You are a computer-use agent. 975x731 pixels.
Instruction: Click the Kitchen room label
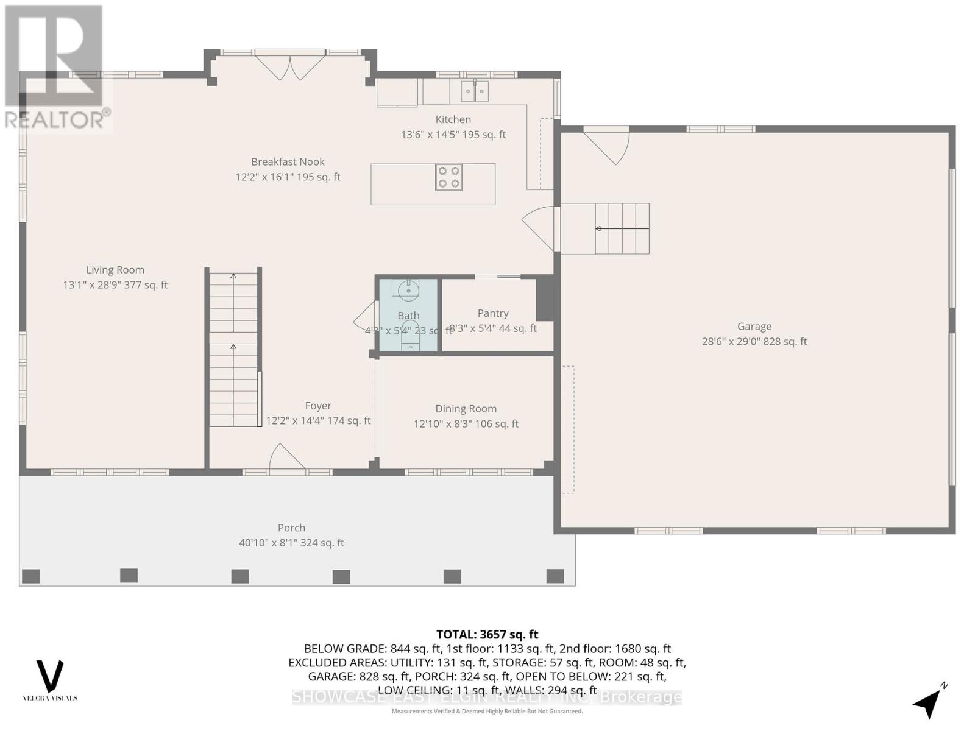tap(453, 119)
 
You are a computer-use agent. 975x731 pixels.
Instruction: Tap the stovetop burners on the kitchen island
tap(448, 177)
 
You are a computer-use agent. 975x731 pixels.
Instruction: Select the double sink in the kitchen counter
tap(474, 92)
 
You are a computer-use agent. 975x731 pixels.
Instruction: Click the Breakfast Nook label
tap(288, 162)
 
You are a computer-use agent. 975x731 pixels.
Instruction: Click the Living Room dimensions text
tap(115, 285)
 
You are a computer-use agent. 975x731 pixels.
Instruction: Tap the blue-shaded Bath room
tap(408, 315)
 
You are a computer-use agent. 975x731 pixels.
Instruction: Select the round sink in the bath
tap(408, 290)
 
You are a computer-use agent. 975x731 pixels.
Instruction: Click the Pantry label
tap(493, 313)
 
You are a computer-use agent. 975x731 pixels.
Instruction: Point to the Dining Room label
tap(466, 409)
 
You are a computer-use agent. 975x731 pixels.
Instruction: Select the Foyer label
tap(318, 406)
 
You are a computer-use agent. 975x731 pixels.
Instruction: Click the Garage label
tap(754, 327)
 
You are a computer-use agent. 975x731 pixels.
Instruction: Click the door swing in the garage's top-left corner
tap(609, 146)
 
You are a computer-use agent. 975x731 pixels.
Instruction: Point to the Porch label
tap(291, 528)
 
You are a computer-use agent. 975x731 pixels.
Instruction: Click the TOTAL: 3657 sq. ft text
tap(487, 635)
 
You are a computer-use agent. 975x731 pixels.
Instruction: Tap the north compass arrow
tap(929, 703)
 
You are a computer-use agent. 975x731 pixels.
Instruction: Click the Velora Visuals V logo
tap(50, 676)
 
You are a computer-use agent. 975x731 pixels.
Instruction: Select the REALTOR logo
tap(56, 67)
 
